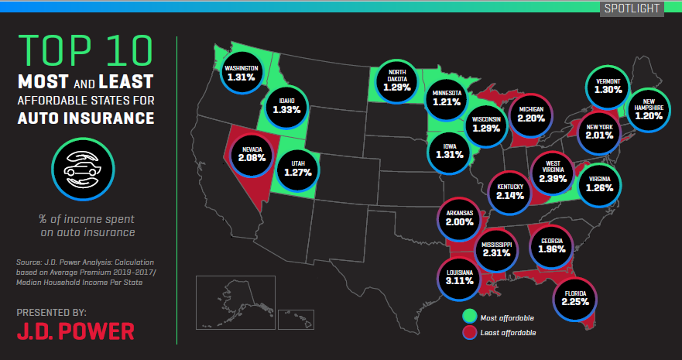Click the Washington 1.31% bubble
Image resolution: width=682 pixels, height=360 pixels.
pos(242,72)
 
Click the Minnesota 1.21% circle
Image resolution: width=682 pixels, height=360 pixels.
pos(447,98)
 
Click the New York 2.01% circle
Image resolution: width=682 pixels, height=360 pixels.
pos(601,131)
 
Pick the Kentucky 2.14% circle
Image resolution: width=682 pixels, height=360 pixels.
pos(512,190)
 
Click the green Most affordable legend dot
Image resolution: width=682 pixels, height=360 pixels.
pos(468,317)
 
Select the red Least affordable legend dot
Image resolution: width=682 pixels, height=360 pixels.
pos(468,332)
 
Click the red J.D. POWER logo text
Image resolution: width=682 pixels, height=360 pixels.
pos(75,331)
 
